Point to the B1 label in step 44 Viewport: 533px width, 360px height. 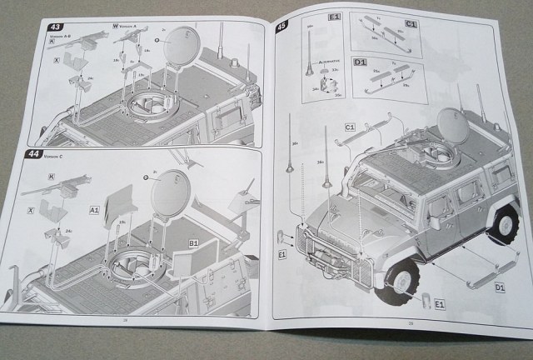click(192, 242)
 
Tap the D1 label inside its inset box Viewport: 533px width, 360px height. click(361, 63)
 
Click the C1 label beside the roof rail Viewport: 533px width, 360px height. click(350, 126)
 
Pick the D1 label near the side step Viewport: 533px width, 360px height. click(500, 288)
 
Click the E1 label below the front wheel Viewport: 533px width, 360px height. click(440, 306)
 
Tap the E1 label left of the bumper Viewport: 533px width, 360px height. click(281, 253)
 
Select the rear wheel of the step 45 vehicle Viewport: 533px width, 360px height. click(504, 222)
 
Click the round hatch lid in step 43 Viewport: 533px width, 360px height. click(181, 49)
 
